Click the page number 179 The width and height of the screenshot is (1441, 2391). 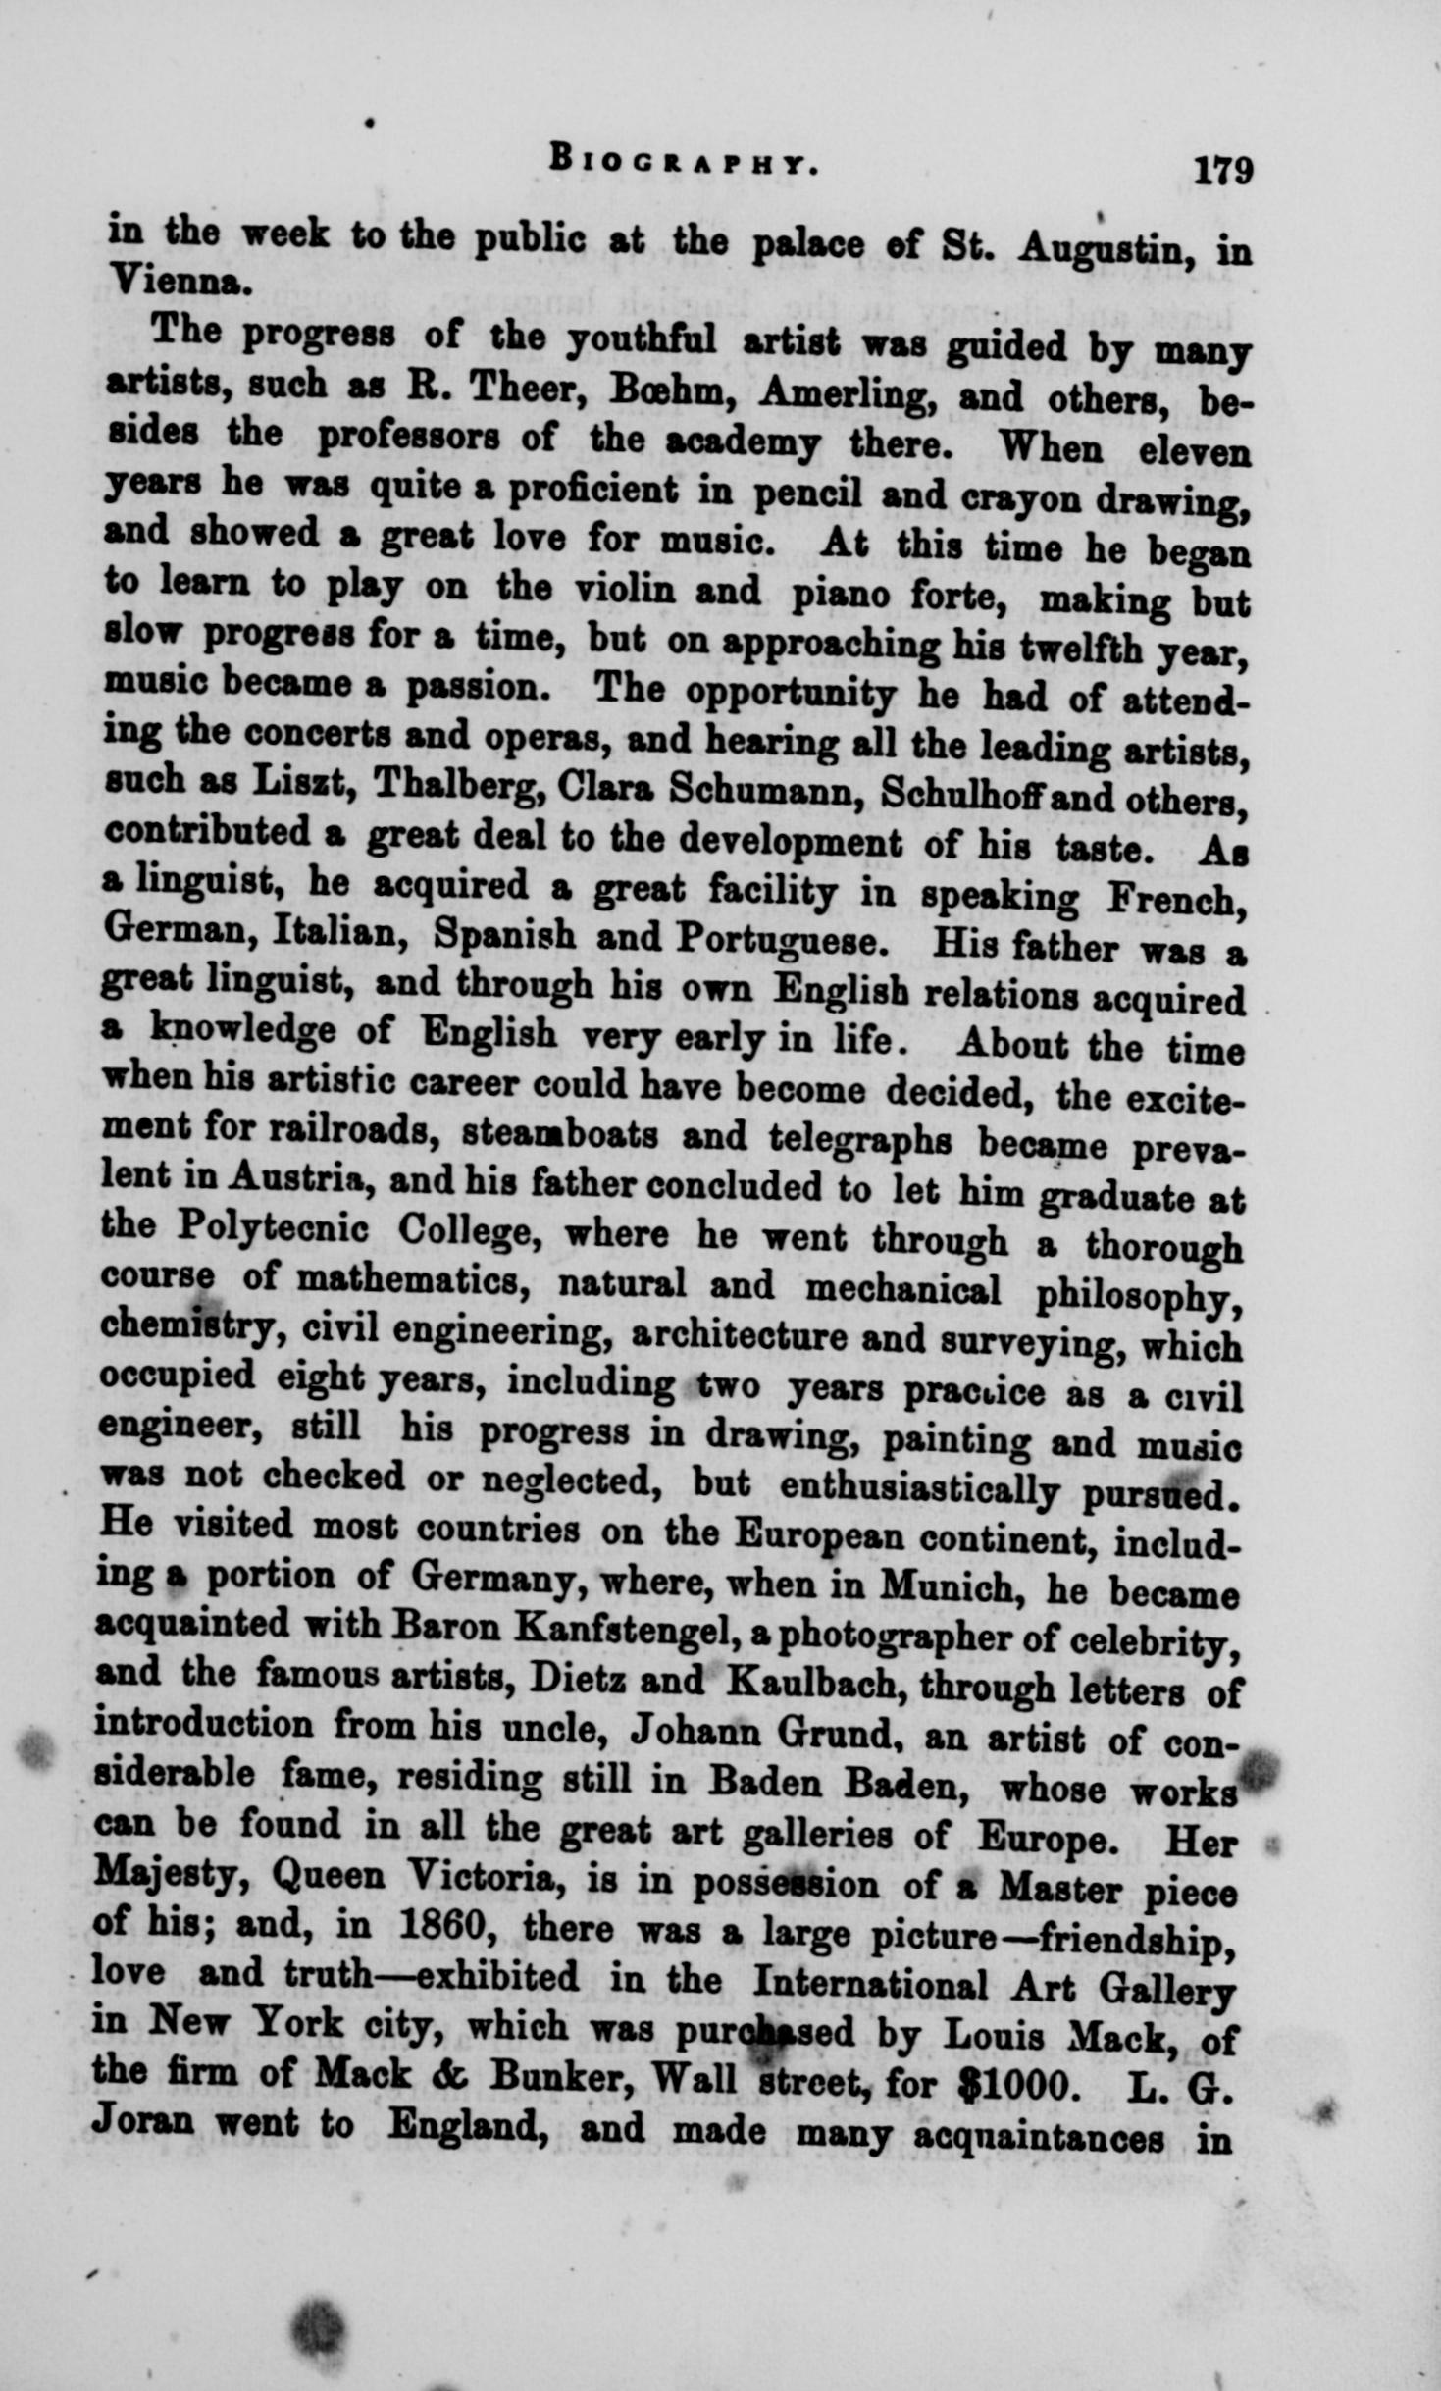(x=1223, y=170)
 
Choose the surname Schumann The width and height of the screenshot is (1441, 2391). (x=764, y=791)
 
